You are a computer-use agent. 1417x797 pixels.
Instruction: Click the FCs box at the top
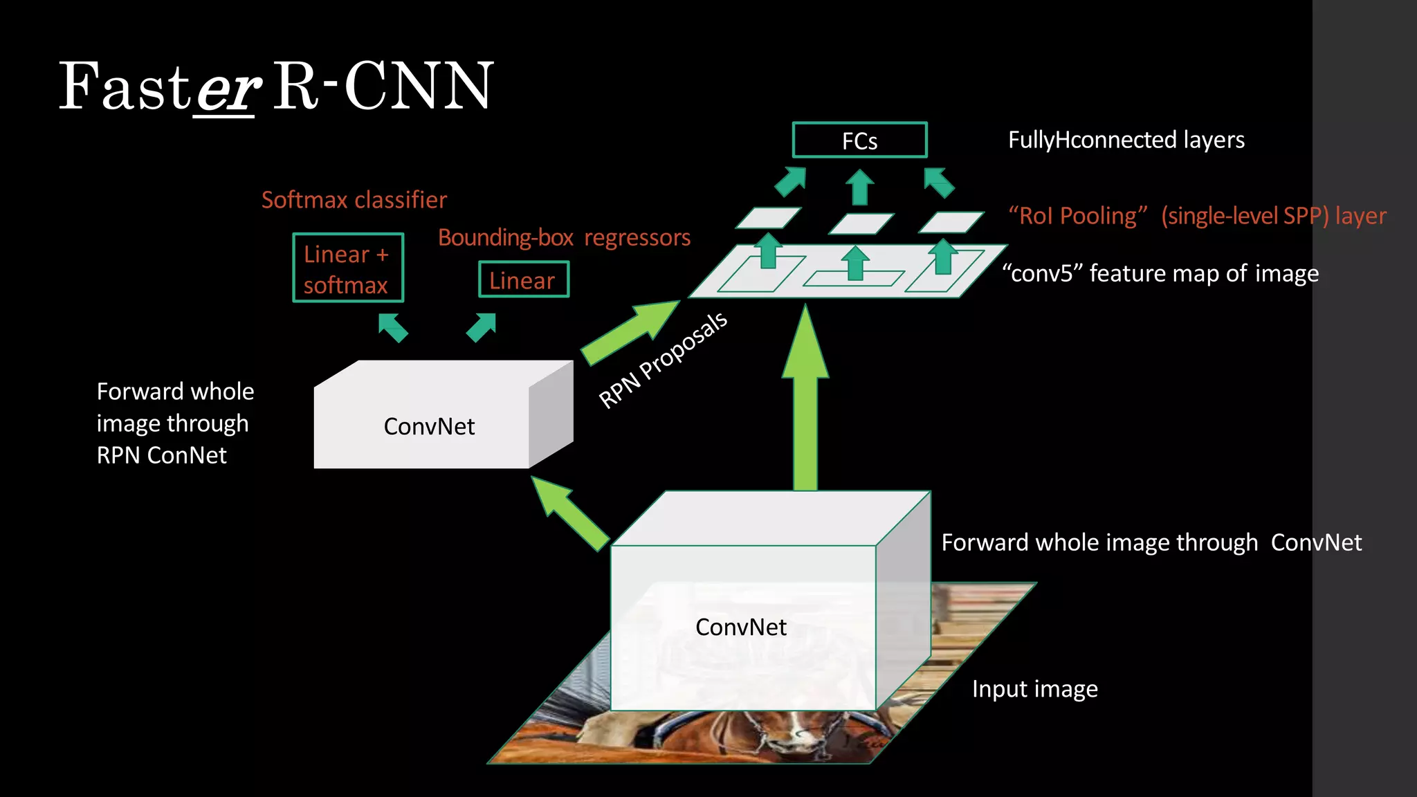(859, 140)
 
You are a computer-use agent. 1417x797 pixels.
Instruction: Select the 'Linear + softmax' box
(347, 268)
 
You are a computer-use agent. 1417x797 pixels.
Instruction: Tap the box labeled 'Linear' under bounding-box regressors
(523, 280)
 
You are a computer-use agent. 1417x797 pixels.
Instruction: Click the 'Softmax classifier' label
(354, 200)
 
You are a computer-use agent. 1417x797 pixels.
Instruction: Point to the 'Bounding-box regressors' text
(564, 237)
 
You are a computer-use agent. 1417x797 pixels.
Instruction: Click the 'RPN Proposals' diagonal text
(662, 360)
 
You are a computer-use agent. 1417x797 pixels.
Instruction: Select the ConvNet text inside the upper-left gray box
(429, 426)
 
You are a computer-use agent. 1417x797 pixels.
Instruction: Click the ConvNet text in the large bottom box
(740, 627)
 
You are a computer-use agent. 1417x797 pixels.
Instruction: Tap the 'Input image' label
(1034, 688)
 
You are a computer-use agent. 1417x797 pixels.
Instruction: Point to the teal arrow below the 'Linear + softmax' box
(393, 327)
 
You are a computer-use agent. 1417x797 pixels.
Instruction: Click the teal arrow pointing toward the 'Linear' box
(482, 327)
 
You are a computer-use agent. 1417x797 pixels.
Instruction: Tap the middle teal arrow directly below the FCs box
(860, 187)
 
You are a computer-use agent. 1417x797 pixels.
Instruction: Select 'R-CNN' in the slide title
(383, 86)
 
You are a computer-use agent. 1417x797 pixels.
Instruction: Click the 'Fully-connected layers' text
(1126, 140)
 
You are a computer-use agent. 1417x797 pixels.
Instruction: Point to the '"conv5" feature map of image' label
(1160, 273)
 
